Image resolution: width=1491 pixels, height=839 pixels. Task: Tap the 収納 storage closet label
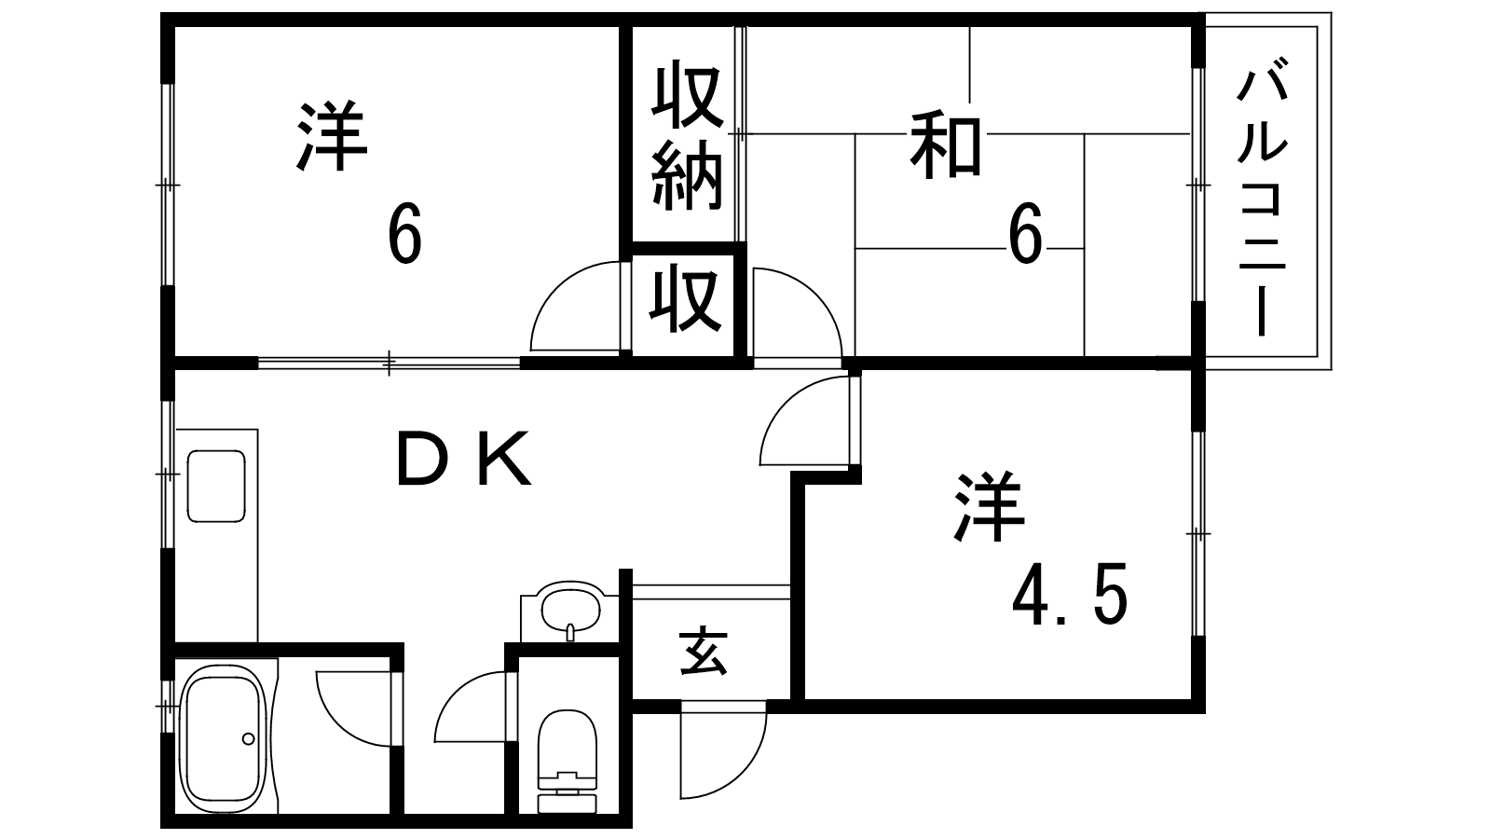point(687,137)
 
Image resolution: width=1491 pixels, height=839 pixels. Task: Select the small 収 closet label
point(687,300)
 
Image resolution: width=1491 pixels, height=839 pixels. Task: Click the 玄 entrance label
point(704,652)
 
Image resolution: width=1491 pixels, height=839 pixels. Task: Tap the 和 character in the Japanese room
point(946,144)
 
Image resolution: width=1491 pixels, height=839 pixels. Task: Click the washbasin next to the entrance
point(570,611)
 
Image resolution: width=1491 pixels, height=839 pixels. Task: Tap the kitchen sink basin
point(216,486)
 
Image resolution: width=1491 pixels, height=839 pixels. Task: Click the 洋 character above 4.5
point(987,509)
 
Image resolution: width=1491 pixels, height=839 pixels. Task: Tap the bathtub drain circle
point(248,739)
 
